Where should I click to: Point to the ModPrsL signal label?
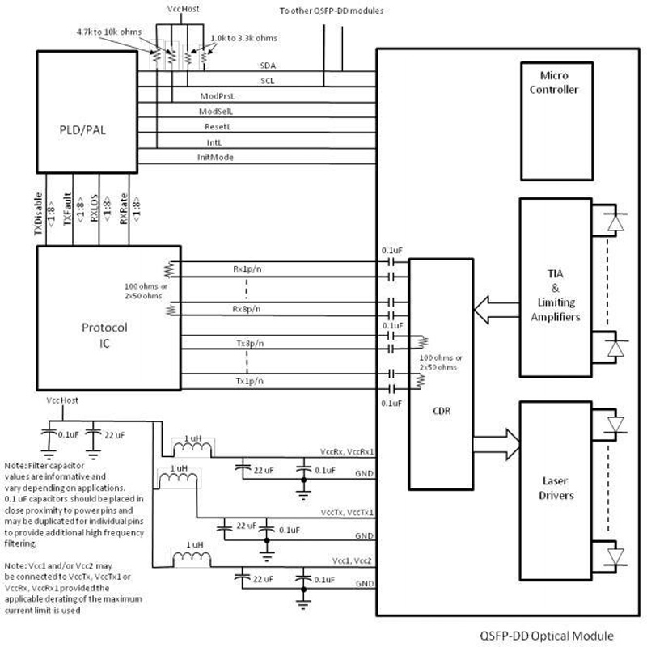tap(216, 96)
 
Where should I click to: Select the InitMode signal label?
tap(216, 157)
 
